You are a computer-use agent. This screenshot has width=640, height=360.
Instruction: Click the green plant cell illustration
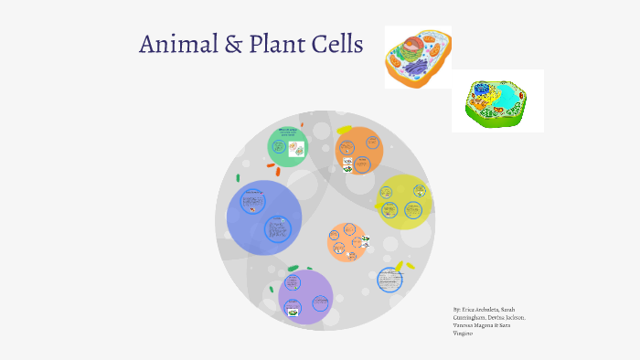pos(497,101)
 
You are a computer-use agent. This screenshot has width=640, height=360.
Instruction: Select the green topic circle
pos(288,146)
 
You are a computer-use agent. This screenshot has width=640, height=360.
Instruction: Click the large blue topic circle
pos(264,217)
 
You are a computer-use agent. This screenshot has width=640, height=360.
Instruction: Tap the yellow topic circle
pos(403,202)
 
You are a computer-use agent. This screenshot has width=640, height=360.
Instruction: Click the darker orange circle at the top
pos(359,150)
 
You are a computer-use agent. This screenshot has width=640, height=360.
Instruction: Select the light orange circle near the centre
pos(347,243)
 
